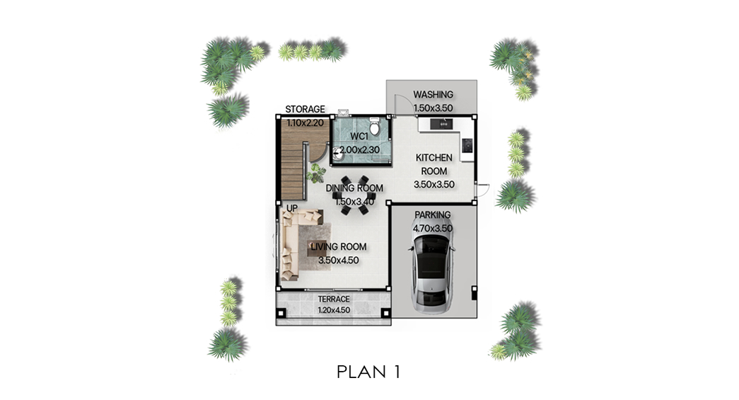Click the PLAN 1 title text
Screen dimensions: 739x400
point(368,372)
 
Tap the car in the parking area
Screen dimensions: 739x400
point(433,273)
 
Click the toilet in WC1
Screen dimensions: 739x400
point(375,127)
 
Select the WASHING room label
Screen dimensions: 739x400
point(433,95)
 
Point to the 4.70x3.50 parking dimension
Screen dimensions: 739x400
point(433,229)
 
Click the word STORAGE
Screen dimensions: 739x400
point(305,110)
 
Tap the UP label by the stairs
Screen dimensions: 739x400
point(292,208)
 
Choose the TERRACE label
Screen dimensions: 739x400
point(334,299)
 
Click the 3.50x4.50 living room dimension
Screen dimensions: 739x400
point(339,261)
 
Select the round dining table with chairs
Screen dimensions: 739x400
point(354,195)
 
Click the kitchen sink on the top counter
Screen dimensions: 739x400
point(441,124)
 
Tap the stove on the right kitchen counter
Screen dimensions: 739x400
point(467,145)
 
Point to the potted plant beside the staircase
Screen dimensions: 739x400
point(315,173)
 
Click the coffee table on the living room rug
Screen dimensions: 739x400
point(316,249)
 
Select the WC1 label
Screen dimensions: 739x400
point(359,137)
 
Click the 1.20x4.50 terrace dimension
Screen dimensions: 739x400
point(334,310)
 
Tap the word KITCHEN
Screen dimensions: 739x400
point(434,158)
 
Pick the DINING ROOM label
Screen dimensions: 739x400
point(354,188)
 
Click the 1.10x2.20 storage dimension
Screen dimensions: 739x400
point(305,123)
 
